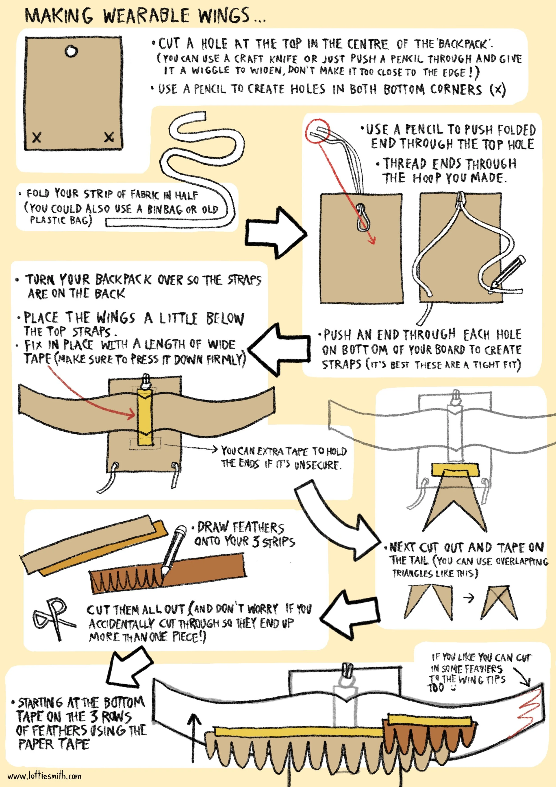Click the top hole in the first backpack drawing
click(71, 51)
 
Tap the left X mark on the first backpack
click(37, 138)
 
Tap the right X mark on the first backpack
click(109, 137)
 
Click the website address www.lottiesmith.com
click(45, 776)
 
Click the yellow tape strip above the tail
click(455, 470)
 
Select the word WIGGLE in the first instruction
click(210, 71)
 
